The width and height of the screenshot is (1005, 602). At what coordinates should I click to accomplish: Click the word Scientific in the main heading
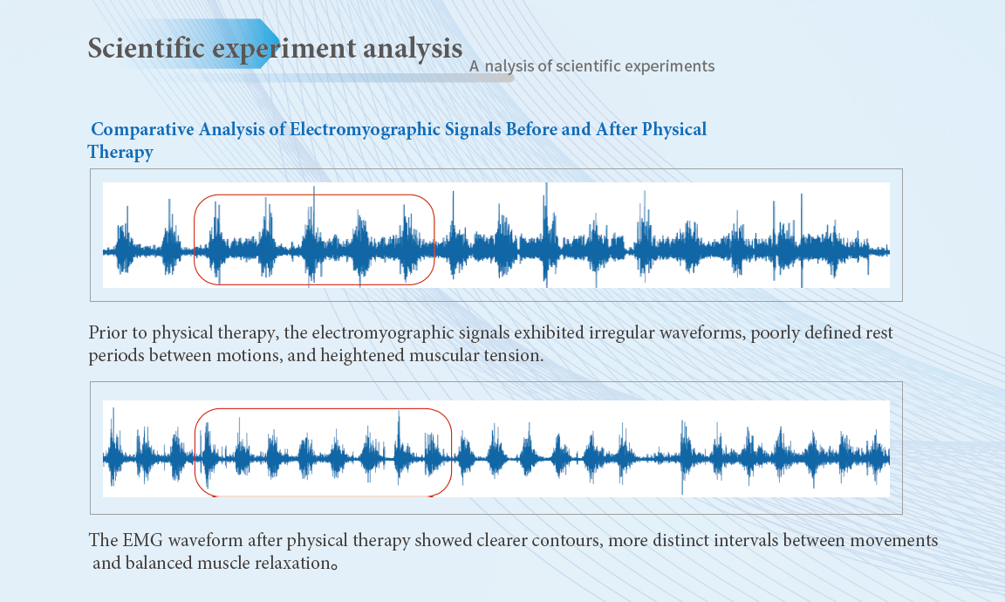tap(147, 48)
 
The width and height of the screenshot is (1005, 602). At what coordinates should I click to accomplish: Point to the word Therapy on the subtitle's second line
tap(120, 153)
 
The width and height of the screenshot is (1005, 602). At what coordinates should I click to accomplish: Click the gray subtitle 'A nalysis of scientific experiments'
tap(591, 66)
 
